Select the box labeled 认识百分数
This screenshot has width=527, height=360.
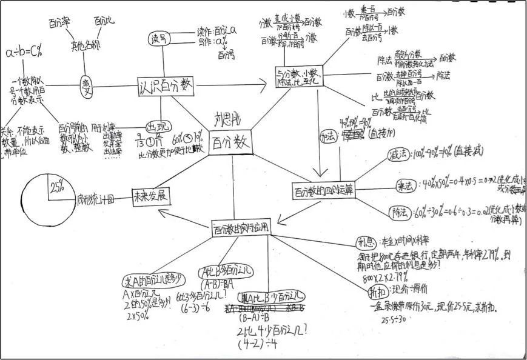166,87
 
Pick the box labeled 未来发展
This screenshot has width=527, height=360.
151,197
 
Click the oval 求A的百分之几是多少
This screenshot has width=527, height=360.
153,280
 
